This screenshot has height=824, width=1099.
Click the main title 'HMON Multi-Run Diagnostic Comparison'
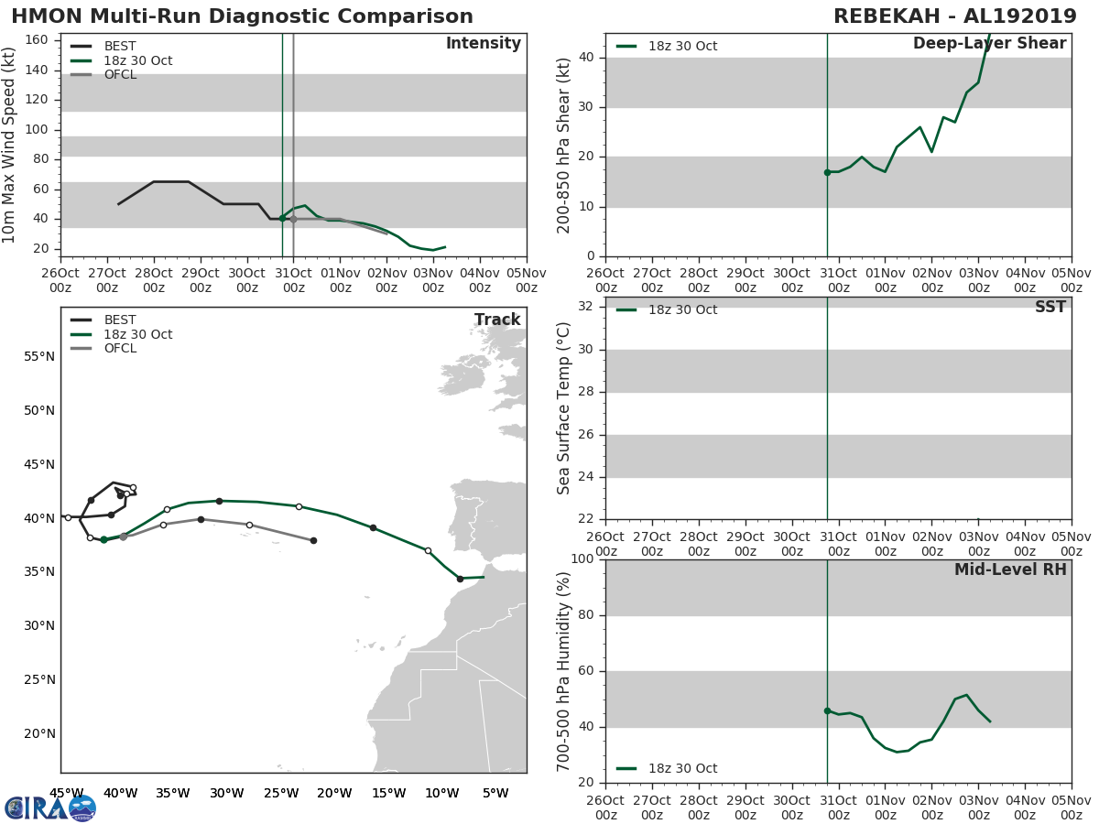(243, 16)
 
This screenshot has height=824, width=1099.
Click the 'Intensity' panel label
(483, 44)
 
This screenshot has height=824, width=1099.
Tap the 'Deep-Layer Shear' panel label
(989, 44)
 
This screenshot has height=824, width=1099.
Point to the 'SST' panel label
(1050, 308)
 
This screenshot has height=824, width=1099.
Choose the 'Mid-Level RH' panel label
(1010, 569)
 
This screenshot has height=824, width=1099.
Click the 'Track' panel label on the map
(496, 320)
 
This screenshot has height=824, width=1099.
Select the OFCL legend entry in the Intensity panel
(120, 75)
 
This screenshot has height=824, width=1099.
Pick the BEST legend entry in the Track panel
(120, 320)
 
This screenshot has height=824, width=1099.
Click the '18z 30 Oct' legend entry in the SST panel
(682, 310)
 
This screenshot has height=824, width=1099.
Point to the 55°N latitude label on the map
(38, 356)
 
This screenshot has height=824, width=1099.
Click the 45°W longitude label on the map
(66, 793)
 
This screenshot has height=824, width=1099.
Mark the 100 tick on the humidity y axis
(582, 559)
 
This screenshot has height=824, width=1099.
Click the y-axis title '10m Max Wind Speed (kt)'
(10, 146)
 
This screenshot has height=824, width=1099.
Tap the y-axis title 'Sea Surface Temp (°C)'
(564, 408)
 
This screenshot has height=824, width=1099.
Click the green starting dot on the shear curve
(827, 172)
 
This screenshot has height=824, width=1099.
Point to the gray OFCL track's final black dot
(313, 540)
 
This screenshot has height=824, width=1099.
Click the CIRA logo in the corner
(49, 808)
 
